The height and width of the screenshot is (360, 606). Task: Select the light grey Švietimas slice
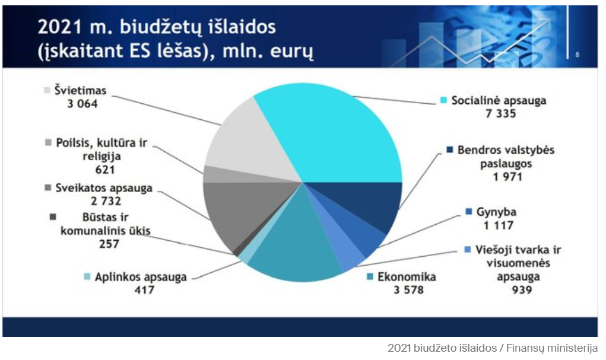[x=248, y=139]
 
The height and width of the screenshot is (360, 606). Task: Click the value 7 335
[x=501, y=113]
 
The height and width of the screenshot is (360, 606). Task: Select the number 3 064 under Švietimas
[x=83, y=104]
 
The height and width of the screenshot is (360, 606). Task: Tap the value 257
[x=109, y=244]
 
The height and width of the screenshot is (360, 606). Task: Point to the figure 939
[x=522, y=289]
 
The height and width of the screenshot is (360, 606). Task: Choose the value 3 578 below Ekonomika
[x=408, y=289]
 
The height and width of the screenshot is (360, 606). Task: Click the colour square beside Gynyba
[x=469, y=212]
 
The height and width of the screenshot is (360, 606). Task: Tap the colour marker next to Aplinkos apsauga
[x=87, y=276]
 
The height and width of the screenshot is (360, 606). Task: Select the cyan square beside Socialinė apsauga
[x=444, y=100]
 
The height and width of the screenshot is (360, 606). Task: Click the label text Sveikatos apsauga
[x=104, y=188]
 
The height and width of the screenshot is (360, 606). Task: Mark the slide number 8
[x=577, y=55]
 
